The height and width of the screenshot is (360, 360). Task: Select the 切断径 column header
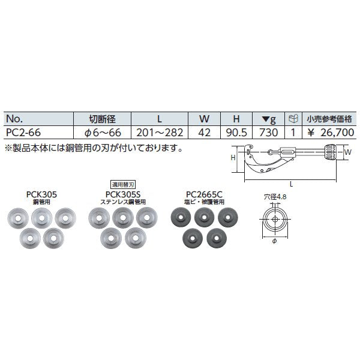coord(101,119)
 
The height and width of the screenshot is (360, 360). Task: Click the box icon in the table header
coord(293,119)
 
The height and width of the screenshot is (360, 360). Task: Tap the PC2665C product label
coord(204,194)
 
